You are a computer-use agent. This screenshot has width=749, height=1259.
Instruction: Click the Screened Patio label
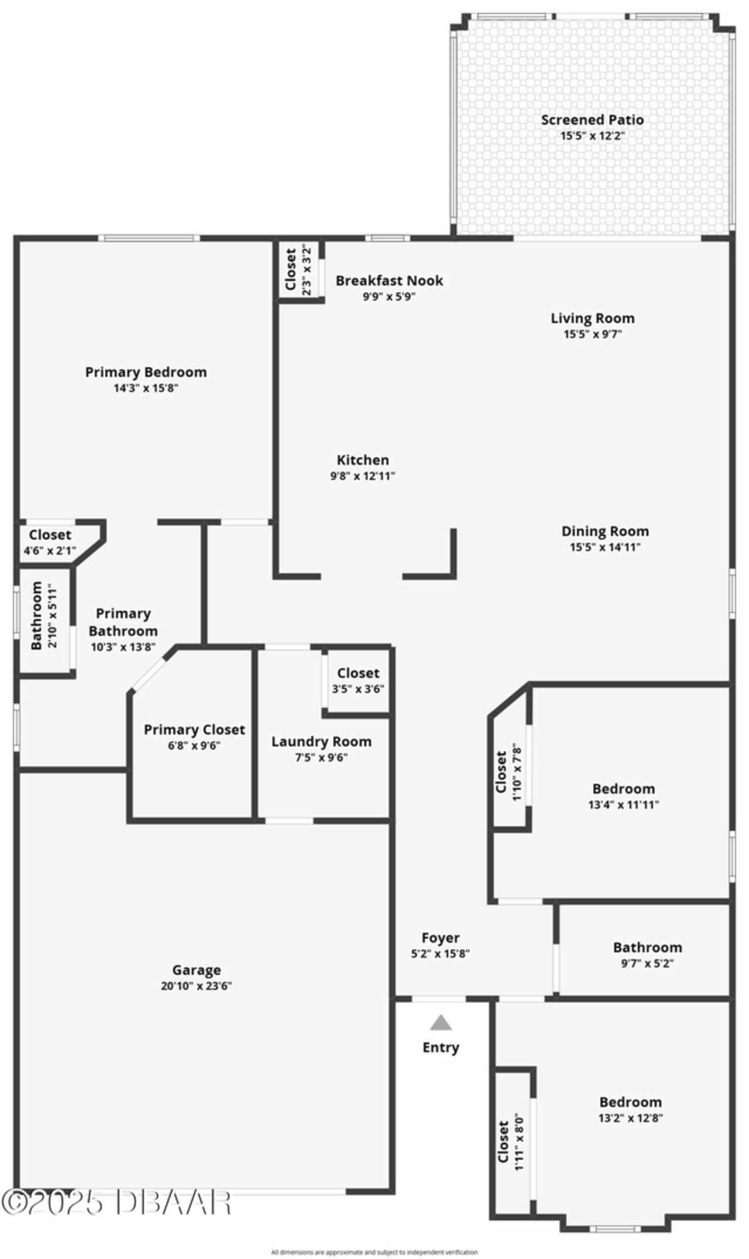[592, 120]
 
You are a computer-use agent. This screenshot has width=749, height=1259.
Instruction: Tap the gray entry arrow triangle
[441, 1023]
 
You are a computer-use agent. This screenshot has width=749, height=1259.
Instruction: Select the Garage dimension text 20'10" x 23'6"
[197, 986]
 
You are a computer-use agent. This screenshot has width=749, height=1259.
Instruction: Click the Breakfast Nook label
[389, 281]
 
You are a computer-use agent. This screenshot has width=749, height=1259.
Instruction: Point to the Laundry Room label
[321, 742]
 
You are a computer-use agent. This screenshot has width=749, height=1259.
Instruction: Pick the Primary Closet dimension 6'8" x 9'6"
[194, 746]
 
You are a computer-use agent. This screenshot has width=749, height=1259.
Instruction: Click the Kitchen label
[363, 460]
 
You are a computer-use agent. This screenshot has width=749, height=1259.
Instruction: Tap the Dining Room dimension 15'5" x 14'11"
[606, 547]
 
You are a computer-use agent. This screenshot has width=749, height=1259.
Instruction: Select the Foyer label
[441, 938]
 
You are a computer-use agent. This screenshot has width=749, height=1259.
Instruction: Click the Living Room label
[593, 318]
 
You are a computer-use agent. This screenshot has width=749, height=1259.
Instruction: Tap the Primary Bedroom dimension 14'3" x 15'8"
[146, 388]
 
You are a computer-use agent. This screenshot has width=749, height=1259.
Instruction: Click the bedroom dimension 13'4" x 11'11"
[624, 804]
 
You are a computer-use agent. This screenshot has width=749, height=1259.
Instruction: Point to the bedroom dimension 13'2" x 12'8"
[630, 1118]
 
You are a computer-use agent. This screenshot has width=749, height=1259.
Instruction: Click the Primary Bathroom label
[123, 622]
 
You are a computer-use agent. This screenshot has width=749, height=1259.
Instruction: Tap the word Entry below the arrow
[441, 1047]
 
